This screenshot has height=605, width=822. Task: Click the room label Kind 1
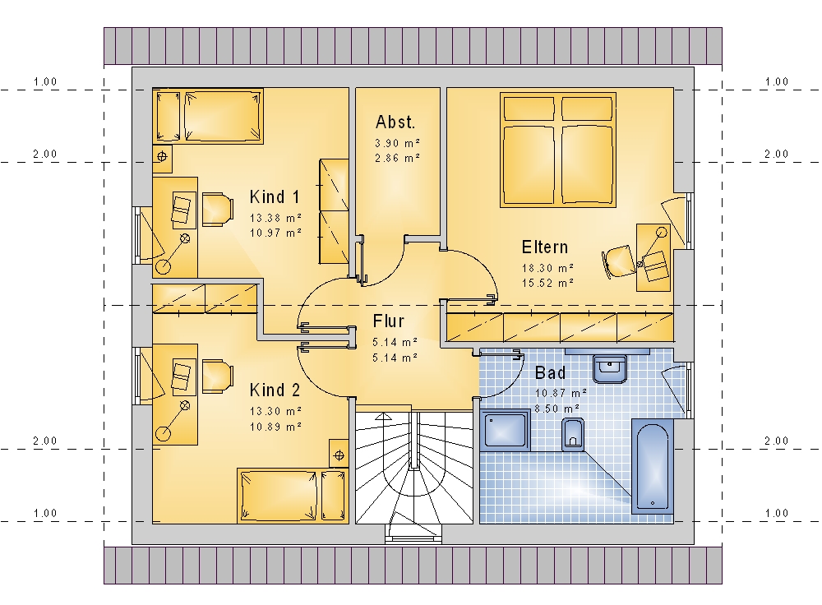(275, 197)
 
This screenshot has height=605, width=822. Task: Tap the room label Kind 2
(275, 390)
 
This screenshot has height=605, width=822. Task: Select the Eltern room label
(545, 247)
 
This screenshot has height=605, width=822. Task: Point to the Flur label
(389, 321)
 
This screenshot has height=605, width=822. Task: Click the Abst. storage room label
(395, 122)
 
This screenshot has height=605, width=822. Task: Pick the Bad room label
(550, 372)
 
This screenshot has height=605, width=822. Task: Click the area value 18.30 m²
(547, 268)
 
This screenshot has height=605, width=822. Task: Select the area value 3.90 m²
(397, 142)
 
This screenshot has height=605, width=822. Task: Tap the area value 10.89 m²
(275, 427)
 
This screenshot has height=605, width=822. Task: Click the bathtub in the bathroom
(652, 465)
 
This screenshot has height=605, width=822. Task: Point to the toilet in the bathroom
(572, 434)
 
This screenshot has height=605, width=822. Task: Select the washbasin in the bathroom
(610, 369)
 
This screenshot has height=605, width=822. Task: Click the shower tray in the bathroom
(505, 430)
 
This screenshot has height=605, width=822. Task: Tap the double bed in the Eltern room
(558, 150)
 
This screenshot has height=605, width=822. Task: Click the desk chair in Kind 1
(217, 210)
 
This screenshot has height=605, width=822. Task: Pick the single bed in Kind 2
(293, 496)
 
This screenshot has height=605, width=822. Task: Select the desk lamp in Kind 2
(173, 420)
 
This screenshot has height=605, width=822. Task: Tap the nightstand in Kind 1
(162, 156)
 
